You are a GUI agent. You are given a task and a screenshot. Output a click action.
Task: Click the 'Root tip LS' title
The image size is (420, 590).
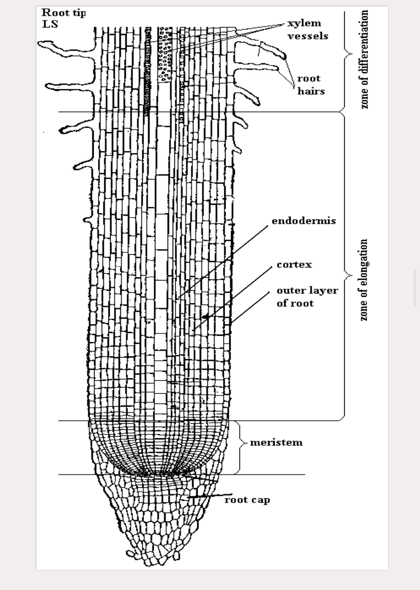(63, 18)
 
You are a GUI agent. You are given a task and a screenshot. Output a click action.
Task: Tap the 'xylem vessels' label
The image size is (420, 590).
(308, 29)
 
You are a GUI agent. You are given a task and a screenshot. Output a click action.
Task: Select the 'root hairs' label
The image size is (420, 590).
(311, 85)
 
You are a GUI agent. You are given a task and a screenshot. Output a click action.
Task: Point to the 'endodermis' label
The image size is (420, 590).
(303, 221)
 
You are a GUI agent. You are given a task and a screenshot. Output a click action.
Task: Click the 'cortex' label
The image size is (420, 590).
(294, 265)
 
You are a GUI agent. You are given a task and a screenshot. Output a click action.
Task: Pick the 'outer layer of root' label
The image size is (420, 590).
(307, 297)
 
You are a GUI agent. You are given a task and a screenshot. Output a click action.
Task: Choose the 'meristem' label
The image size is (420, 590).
(276, 443)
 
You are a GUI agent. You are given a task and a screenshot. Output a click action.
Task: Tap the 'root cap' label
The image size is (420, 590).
(247, 500)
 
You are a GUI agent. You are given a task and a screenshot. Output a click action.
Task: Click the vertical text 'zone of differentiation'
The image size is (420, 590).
(364, 60)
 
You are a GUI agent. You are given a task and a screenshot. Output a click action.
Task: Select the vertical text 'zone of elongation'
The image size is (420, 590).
(364, 280)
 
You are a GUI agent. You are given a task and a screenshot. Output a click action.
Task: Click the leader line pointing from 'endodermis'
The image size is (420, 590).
(220, 261)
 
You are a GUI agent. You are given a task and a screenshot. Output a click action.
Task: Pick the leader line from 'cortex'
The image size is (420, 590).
(232, 298)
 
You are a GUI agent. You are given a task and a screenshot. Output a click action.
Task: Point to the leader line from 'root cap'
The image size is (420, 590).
(207, 496)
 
